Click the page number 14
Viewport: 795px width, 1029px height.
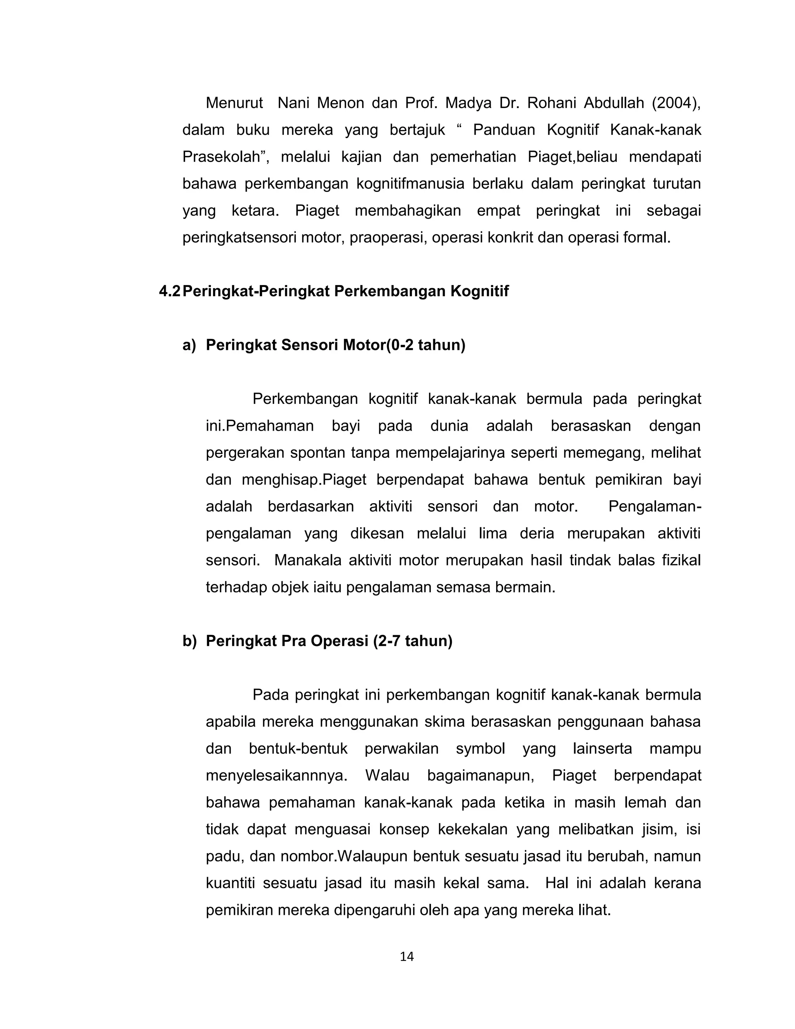click(x=406, y=956)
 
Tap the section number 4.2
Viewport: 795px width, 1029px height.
click(x=170, y=292)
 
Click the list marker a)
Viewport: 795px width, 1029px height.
click(x=189, y=345)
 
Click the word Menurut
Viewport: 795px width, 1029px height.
click(x=234, y=103)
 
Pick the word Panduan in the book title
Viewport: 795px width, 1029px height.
click(x=504, y=130)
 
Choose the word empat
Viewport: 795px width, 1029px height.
click(x=498, y=210)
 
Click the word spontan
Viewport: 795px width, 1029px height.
click(x=318, y=453)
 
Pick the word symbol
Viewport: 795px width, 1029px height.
click(x=481, y=749)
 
